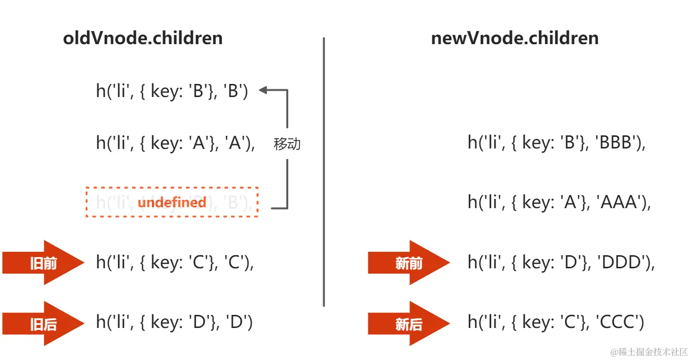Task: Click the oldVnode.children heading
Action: click(x=143, y=38)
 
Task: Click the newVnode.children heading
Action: click(x=514, y=38)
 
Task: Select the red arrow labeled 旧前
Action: click(x=43, y=263)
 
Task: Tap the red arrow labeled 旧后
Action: click(x=43, y=324)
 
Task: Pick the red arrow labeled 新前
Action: click(x=409, y=263)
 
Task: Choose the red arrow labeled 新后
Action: click(x=409, y=324)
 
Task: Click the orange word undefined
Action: click(x=172, y=202)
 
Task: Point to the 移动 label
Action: click(x=287, y=144)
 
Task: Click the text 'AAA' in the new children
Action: click(x=619, y=202)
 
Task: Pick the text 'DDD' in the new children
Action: click(x=623, y=262)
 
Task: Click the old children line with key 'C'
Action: click(x=175, y=262)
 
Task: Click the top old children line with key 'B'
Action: click(x=172, y=91)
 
